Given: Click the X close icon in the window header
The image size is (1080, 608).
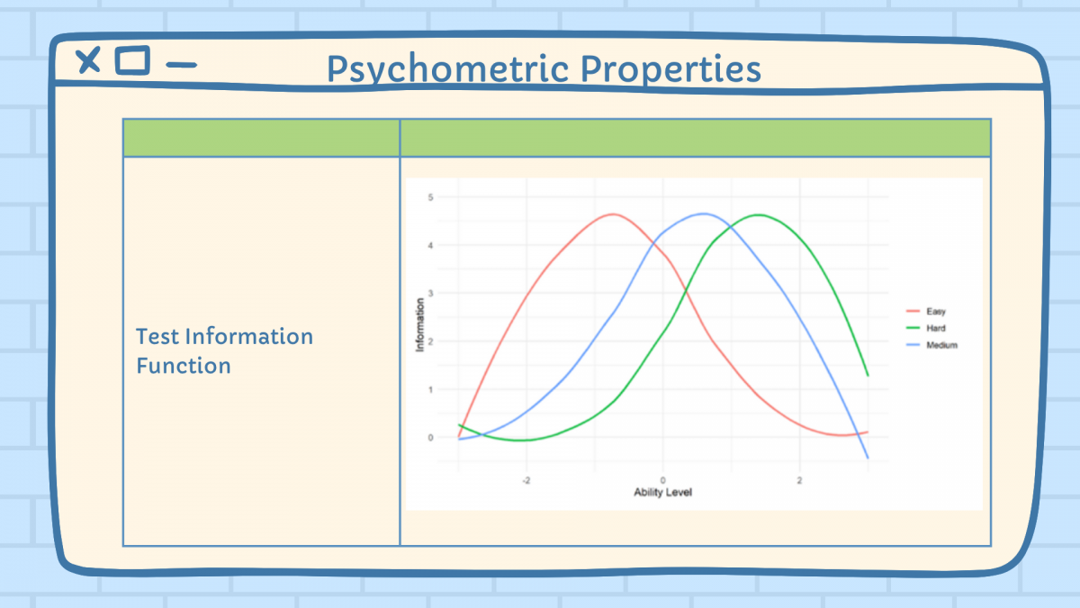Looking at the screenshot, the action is pos(88,60).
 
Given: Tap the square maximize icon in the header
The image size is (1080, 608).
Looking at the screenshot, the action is pos(132,60).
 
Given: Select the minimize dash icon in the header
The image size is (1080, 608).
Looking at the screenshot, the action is pos(181,65).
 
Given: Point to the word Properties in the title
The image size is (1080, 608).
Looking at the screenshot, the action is pos(670,69).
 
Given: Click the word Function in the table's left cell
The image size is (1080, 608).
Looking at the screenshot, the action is pos(184,366).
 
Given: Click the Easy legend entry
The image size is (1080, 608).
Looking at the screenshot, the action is pos(926,312).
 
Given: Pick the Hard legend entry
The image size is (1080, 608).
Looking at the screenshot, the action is pos(926,328).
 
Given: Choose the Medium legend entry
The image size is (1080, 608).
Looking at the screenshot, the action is pos(932,345).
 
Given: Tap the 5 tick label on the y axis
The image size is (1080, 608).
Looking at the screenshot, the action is pos(430,197).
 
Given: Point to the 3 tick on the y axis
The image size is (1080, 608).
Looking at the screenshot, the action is pos(430,294).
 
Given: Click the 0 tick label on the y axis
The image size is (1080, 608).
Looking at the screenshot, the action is pos(430,438).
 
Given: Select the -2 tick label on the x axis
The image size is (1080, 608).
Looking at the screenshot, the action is pos(526,481).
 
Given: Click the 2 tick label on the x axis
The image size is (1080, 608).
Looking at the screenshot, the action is pos(799,481).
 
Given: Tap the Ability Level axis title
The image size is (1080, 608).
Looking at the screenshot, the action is pos(663,492).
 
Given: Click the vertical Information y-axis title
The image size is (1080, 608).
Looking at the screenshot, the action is pos(420,325).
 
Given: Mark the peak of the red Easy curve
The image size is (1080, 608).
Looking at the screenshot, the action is pos(612,214).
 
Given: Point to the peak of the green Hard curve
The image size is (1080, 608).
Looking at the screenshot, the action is pos(759,214).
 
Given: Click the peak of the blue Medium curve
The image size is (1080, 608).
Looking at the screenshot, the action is pos(704,213).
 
